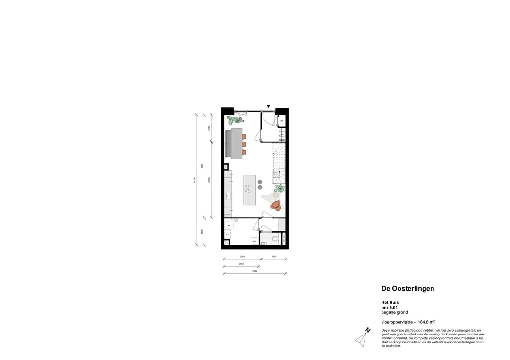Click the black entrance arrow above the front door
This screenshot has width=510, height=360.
pos(268,107)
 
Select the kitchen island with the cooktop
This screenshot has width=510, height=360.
pos(249,190)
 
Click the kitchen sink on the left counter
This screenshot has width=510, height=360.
pos(228,195)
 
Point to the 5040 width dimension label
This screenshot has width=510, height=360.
pos(255,271)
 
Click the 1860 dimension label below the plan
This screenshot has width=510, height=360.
pos(273,257)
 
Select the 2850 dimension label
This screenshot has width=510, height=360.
pos(241,264)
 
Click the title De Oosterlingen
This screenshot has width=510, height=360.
pos(408,289)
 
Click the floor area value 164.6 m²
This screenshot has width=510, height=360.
pos(426,322)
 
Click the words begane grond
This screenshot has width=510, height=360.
pos(394,312)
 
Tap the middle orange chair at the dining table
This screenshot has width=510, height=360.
pos(244,144)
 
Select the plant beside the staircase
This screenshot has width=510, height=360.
pos(280,189)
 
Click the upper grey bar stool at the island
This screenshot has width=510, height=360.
pos(260,182)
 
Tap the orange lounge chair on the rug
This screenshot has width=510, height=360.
pos(276,205)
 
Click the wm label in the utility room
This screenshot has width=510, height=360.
pos(254,241)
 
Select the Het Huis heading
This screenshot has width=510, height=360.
pos(390,303)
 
